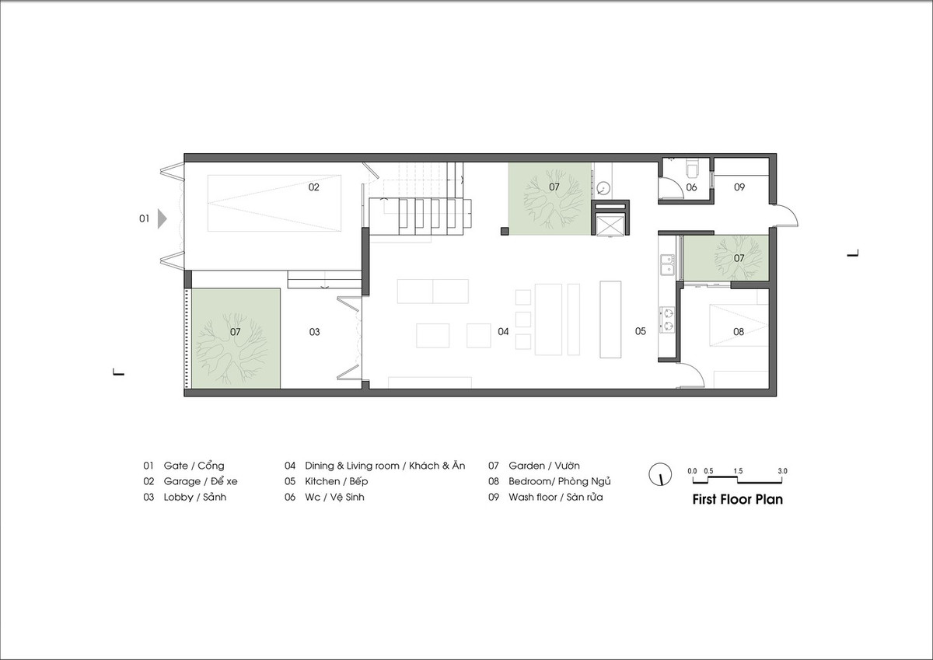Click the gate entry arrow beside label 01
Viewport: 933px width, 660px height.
pyautogui.click(x=162, y=219)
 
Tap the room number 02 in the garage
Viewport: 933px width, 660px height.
pyautogui.click(x=313, y=187)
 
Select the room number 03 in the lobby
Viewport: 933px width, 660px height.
pyautogui.click(x=314, y=332)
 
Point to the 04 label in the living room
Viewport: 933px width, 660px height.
pyautogui.click(x=503, y=332)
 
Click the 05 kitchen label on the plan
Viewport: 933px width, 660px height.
pyautogui.click(x=640, y=332)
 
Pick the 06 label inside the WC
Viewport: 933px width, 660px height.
pyautogui.click(x=691, y=187)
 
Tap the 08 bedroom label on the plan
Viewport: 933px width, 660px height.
pyautogui.click(x=738, y=332)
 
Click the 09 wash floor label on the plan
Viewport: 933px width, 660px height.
pyautogui.click(x=739, y=187)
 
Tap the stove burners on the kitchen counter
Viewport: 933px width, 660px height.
pyautogui.click(x=666, y=315)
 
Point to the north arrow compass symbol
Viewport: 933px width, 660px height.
pyautogui.click(x=659, y=473)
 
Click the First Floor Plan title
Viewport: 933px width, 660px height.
pyautogui.click(x=737, y=500)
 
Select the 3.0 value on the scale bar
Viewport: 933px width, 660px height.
pyautogui.click(x=781, y=471)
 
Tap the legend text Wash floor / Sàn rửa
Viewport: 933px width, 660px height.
pyautogui.click(x=555, y=497)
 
